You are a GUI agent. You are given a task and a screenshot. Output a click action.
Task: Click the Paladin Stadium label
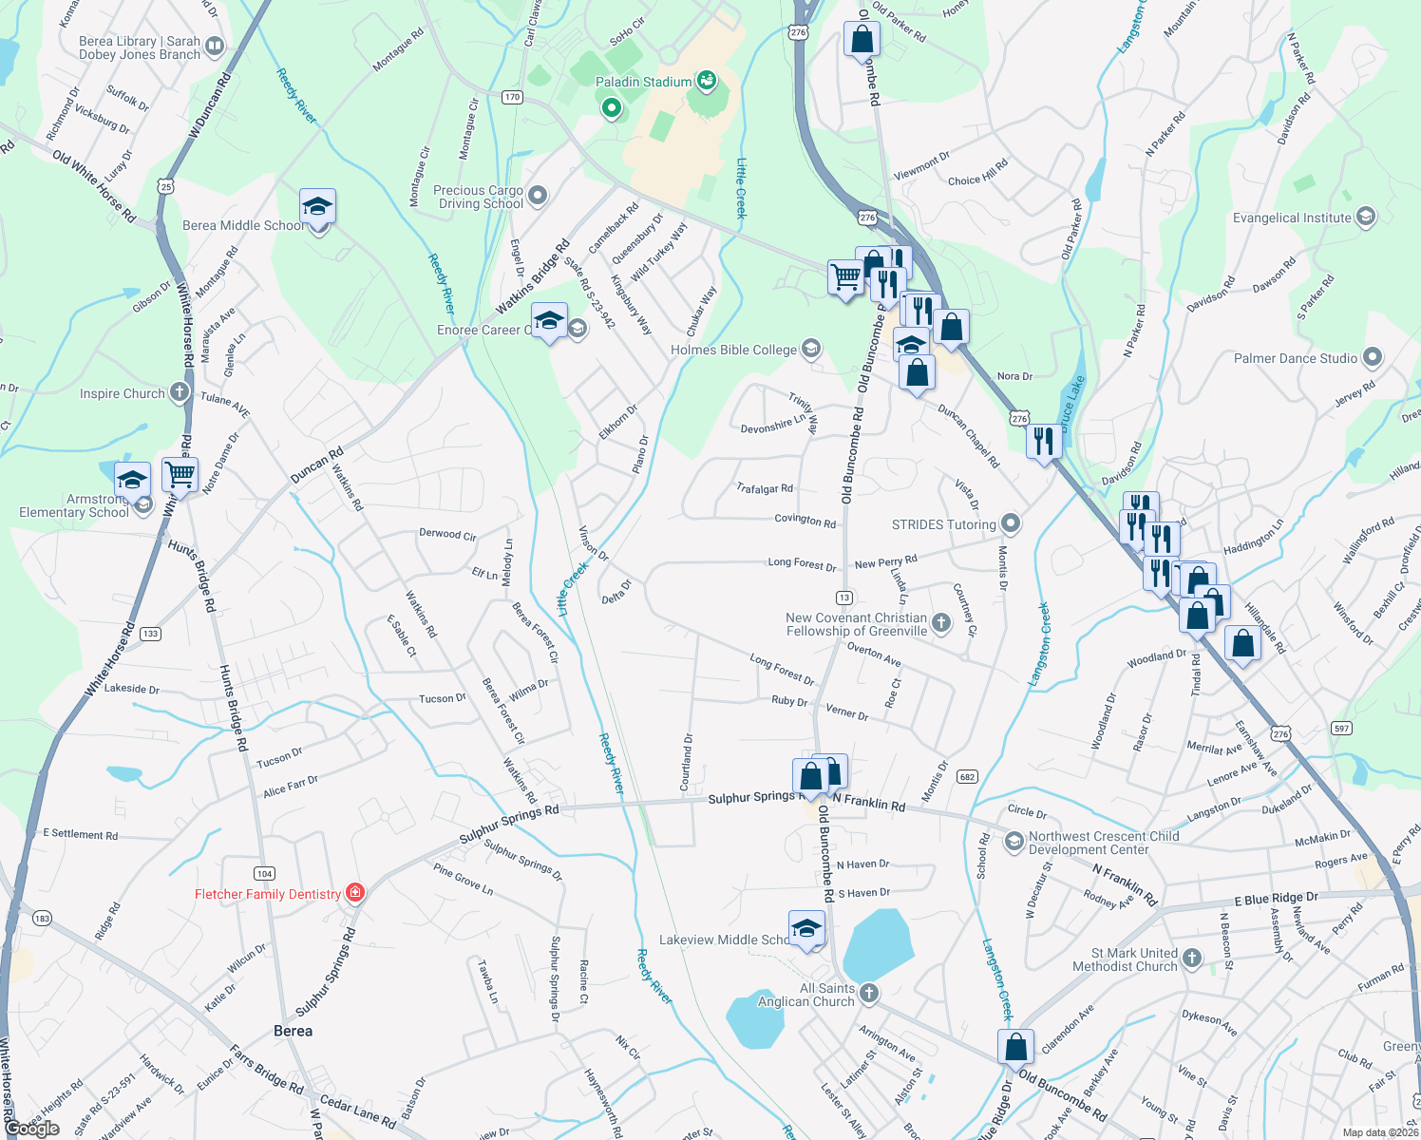(643, 83)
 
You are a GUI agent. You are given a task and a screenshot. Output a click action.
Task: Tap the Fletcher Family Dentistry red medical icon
(355, 892)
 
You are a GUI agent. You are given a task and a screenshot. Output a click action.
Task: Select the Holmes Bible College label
(733, 350)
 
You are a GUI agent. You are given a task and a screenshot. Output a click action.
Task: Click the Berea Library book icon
(215, 46)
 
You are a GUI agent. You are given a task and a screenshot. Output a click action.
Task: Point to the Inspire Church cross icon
(180, 392)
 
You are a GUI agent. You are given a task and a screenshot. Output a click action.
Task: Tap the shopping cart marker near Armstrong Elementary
(180, 473)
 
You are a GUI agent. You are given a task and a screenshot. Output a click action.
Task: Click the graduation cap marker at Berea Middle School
(317, 206)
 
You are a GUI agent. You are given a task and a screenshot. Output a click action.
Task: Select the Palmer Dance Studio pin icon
(1372, 357)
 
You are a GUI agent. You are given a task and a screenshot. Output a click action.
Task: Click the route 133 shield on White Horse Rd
(150, 634)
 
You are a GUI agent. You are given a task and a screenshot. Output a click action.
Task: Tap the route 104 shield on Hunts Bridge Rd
(264, 873)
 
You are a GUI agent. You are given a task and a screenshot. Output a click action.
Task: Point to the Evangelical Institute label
(1291, 218)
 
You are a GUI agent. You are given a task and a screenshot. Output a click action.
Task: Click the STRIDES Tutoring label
(943, 524)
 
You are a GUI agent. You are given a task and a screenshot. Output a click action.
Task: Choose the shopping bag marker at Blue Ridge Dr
(1015, 1047)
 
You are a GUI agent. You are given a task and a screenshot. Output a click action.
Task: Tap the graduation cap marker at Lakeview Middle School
(806, 928)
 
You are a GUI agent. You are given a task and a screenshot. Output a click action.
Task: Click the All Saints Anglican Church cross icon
(868, 993)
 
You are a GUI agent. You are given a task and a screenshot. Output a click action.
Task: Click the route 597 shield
(1341, 729)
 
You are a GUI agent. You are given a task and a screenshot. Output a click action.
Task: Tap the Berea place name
(293, 1031)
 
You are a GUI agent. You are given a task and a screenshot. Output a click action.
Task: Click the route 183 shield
(42, 918)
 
